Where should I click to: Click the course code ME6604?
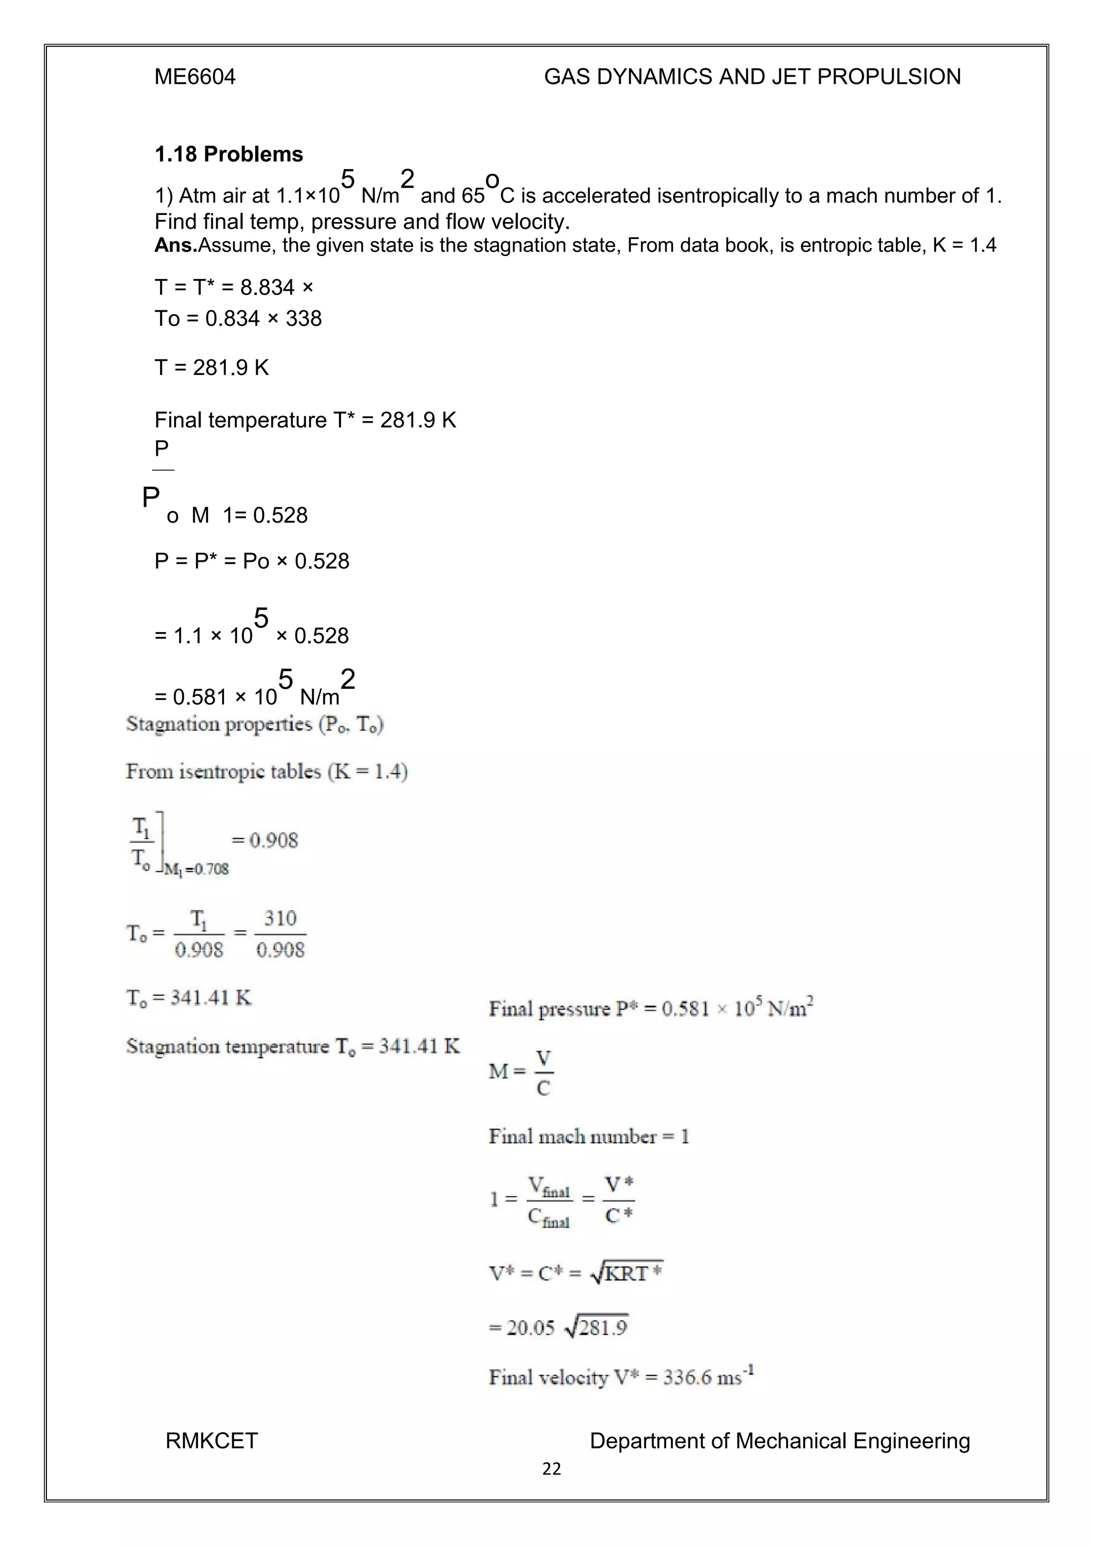click(x=195, y=77)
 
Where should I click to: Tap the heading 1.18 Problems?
click(x=228, y=154)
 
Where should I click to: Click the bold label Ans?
click(x=175, y=245)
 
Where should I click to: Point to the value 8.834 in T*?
click(x=267, y=288)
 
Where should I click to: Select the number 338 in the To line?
click(x=304, y=318)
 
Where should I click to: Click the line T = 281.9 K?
click(x=211, y=368)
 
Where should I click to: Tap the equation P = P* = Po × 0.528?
click(x=252, y=561)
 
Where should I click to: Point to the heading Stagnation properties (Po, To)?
click(x=255, y=724)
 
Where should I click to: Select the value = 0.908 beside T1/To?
click(x=265, y=840)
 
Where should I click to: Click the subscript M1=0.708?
click(x=196, y=869)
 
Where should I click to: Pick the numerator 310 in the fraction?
click(x=280, y=919)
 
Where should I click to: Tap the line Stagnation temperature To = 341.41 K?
click(x=293, y=1046)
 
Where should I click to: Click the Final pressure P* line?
click(x=651, y=1009)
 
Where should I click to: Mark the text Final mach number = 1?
click(x=589, y=1137)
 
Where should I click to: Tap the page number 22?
click(x=551, y=1469)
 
